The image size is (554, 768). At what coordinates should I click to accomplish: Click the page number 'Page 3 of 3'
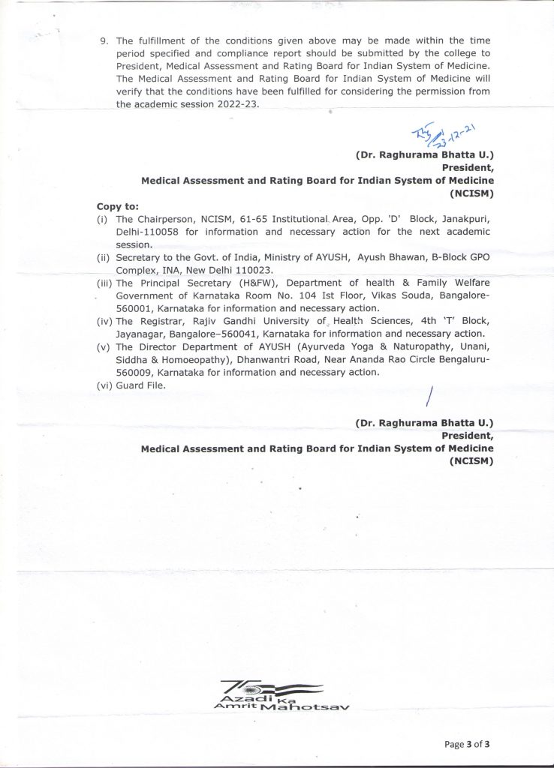point(467,744)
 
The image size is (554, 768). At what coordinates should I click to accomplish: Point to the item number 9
point(104,39)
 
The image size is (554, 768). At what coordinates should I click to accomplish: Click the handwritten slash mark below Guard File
point(430,397)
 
